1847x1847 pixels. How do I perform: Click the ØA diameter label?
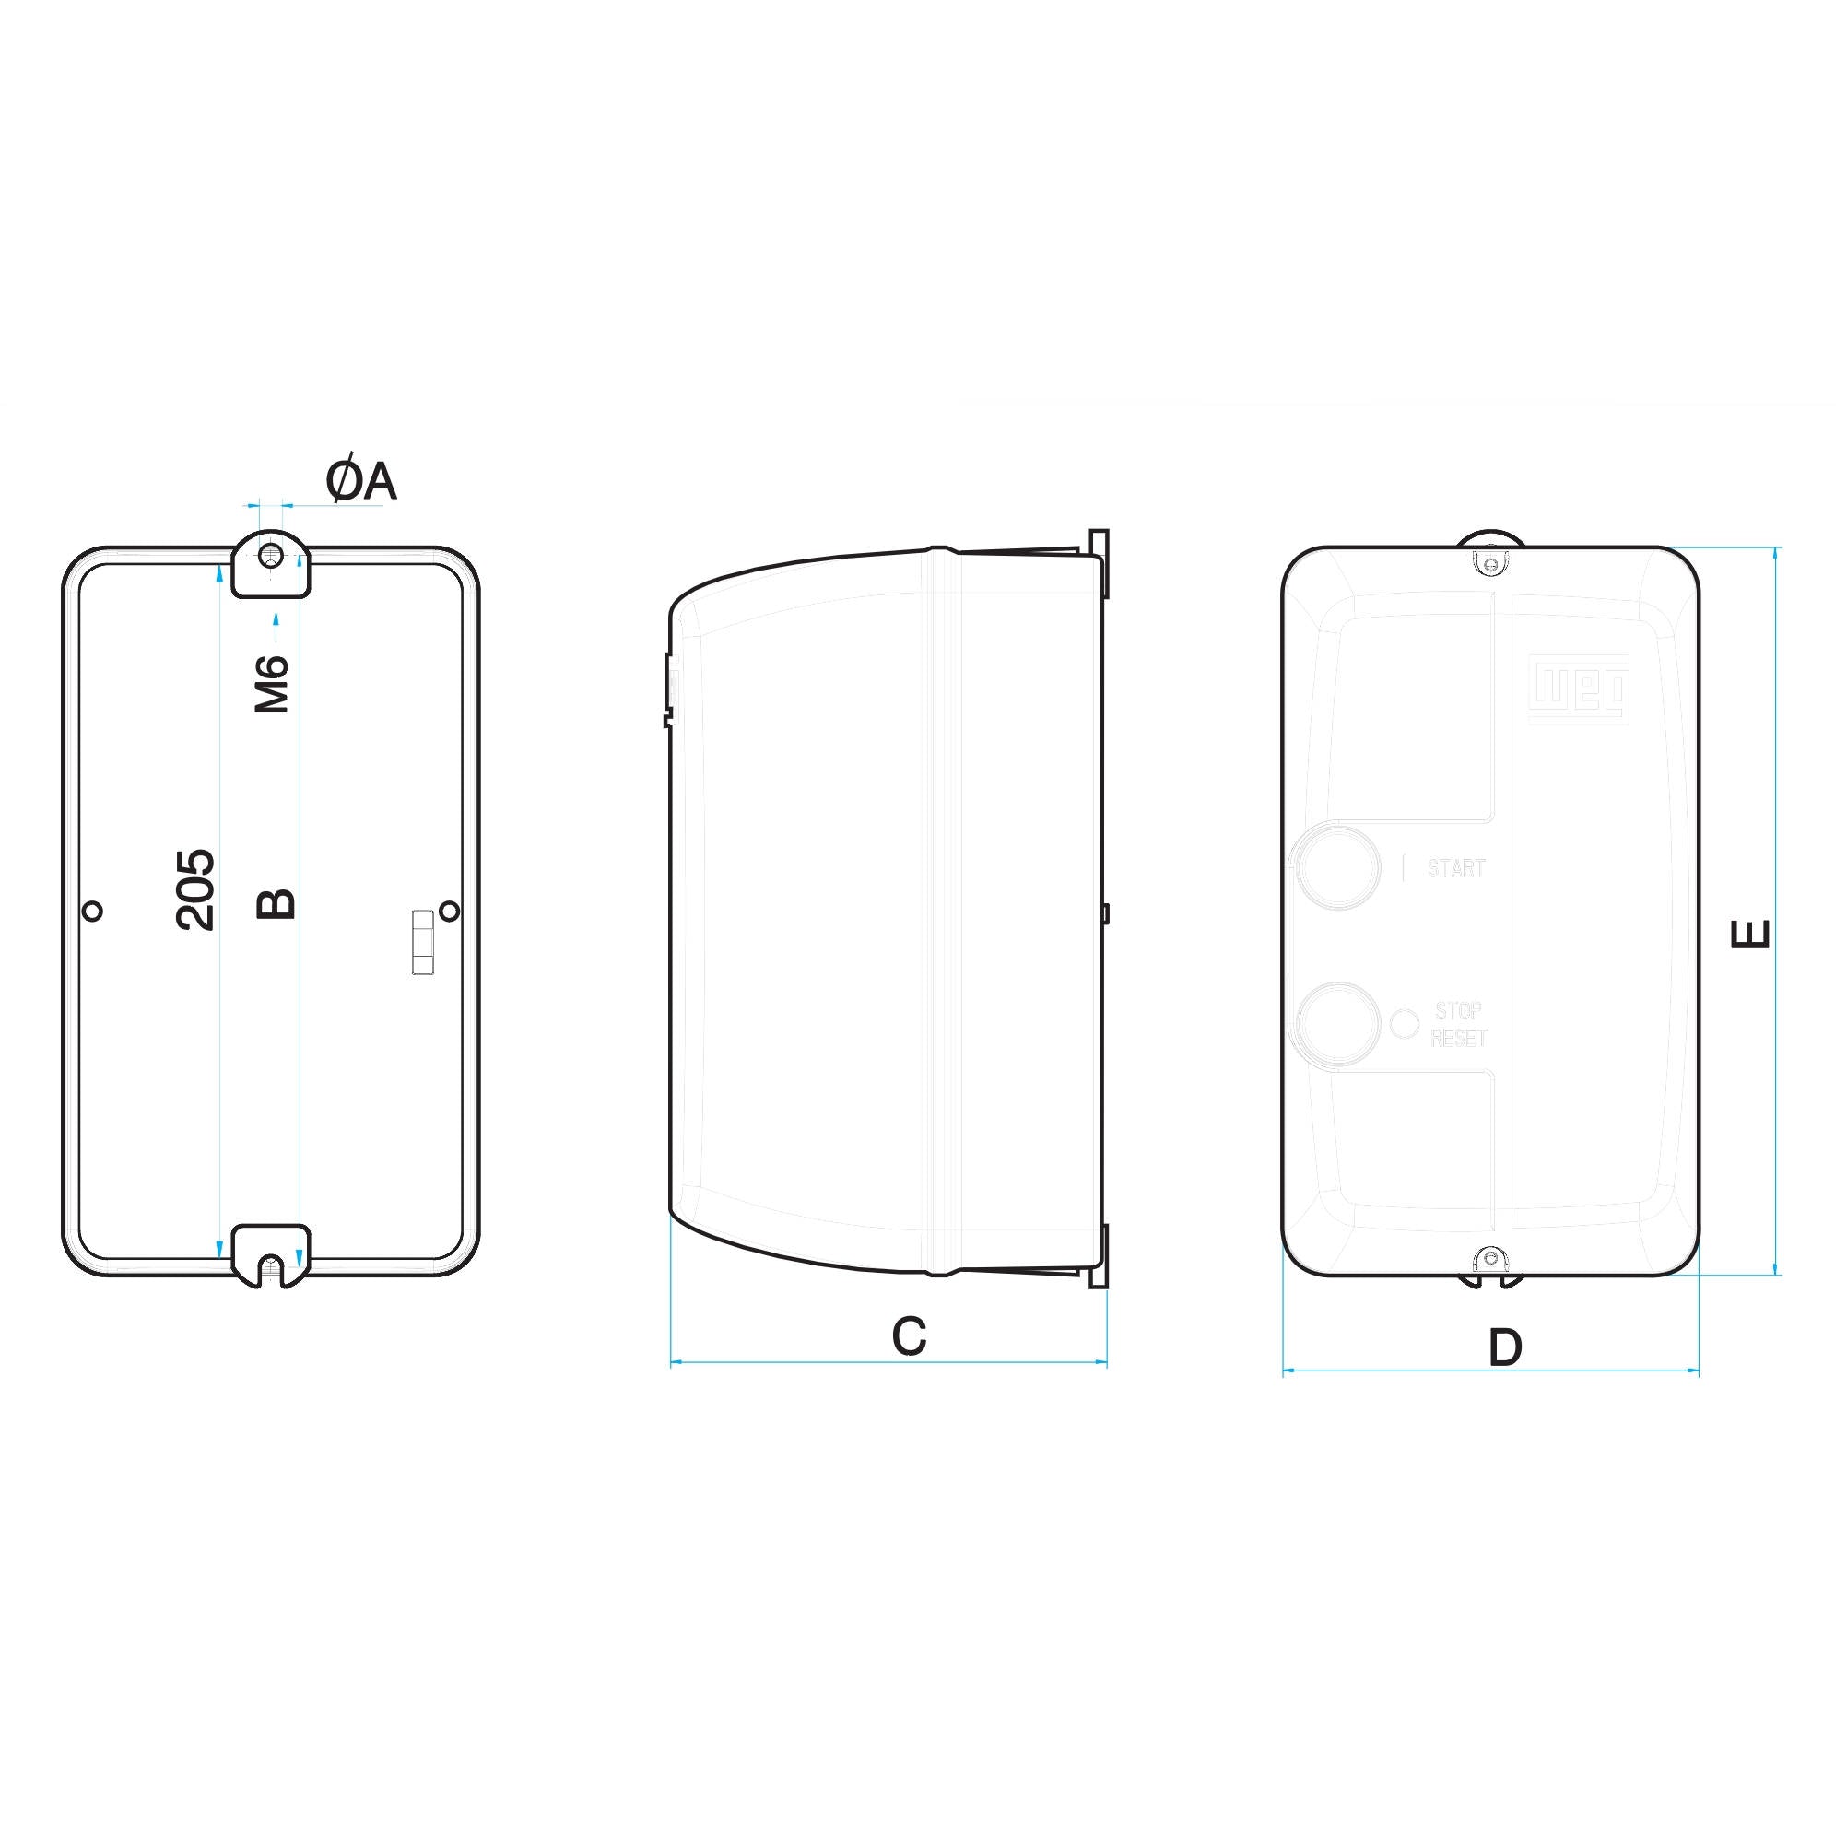360,481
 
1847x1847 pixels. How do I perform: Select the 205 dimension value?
196,890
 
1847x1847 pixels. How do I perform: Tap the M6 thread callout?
273,685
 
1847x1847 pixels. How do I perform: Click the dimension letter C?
909,1336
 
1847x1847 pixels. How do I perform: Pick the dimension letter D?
1505,1347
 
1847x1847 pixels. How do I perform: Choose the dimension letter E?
1751,933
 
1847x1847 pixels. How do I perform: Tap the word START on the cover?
1456,868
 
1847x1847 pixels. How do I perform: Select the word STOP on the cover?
1459,1010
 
